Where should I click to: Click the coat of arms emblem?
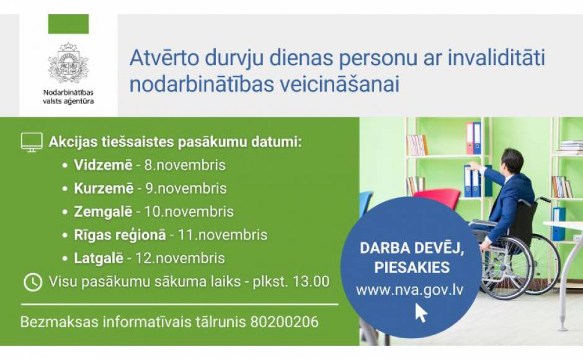68,63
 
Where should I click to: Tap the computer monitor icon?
32,142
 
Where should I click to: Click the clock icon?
33,282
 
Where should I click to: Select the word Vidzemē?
103,165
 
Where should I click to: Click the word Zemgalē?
103,212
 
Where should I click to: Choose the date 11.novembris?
222,235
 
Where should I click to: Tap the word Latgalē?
99,258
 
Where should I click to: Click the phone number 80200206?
285,322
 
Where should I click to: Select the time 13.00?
311,281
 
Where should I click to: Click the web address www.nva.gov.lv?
410,290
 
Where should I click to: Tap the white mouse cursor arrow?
421,312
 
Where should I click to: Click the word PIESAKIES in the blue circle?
412,268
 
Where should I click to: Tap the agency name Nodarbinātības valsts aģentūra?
68,97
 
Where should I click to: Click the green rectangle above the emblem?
68,24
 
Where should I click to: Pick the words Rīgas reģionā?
120,235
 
